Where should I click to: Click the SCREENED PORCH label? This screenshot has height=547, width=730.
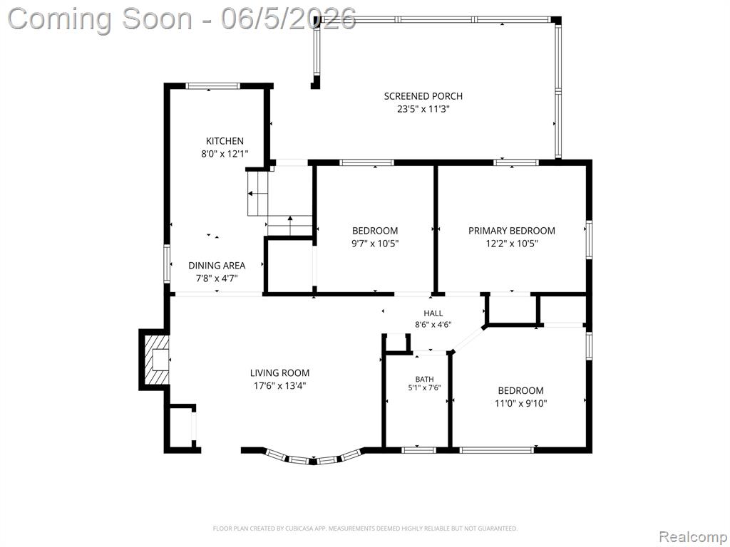[x=423, y=96]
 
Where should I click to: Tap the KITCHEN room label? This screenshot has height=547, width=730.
[x=225, y=141]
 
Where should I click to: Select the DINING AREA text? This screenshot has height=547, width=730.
[x=217, y=266]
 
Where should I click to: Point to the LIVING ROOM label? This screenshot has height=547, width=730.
[x=279, y=373]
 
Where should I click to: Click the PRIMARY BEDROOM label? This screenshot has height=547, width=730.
[x=512, y=231]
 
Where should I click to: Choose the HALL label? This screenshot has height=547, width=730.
[x=433, y=313]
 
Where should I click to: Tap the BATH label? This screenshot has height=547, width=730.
[x=425, y=379]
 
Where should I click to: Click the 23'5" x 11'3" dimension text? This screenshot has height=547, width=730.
[x=423, y=109]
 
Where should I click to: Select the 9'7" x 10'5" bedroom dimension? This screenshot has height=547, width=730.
[x=375, y=244]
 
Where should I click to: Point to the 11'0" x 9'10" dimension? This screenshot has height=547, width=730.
[x=521, y=403]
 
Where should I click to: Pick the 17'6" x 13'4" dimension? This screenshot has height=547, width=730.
[x=279, y=385]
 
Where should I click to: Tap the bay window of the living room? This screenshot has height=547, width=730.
[x=314, y=458]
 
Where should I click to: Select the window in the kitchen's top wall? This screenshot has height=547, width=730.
[x=212, y=85]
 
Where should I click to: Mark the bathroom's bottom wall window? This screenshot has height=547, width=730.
[x=418, y=450]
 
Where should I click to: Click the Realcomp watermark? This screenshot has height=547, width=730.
[x=693, y=536]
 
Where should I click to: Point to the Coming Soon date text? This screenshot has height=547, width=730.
[x=182, y=19]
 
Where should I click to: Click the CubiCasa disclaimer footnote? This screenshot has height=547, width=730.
[x=365, y=528]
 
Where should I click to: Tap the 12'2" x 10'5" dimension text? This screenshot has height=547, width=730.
[x=512, y=244]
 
